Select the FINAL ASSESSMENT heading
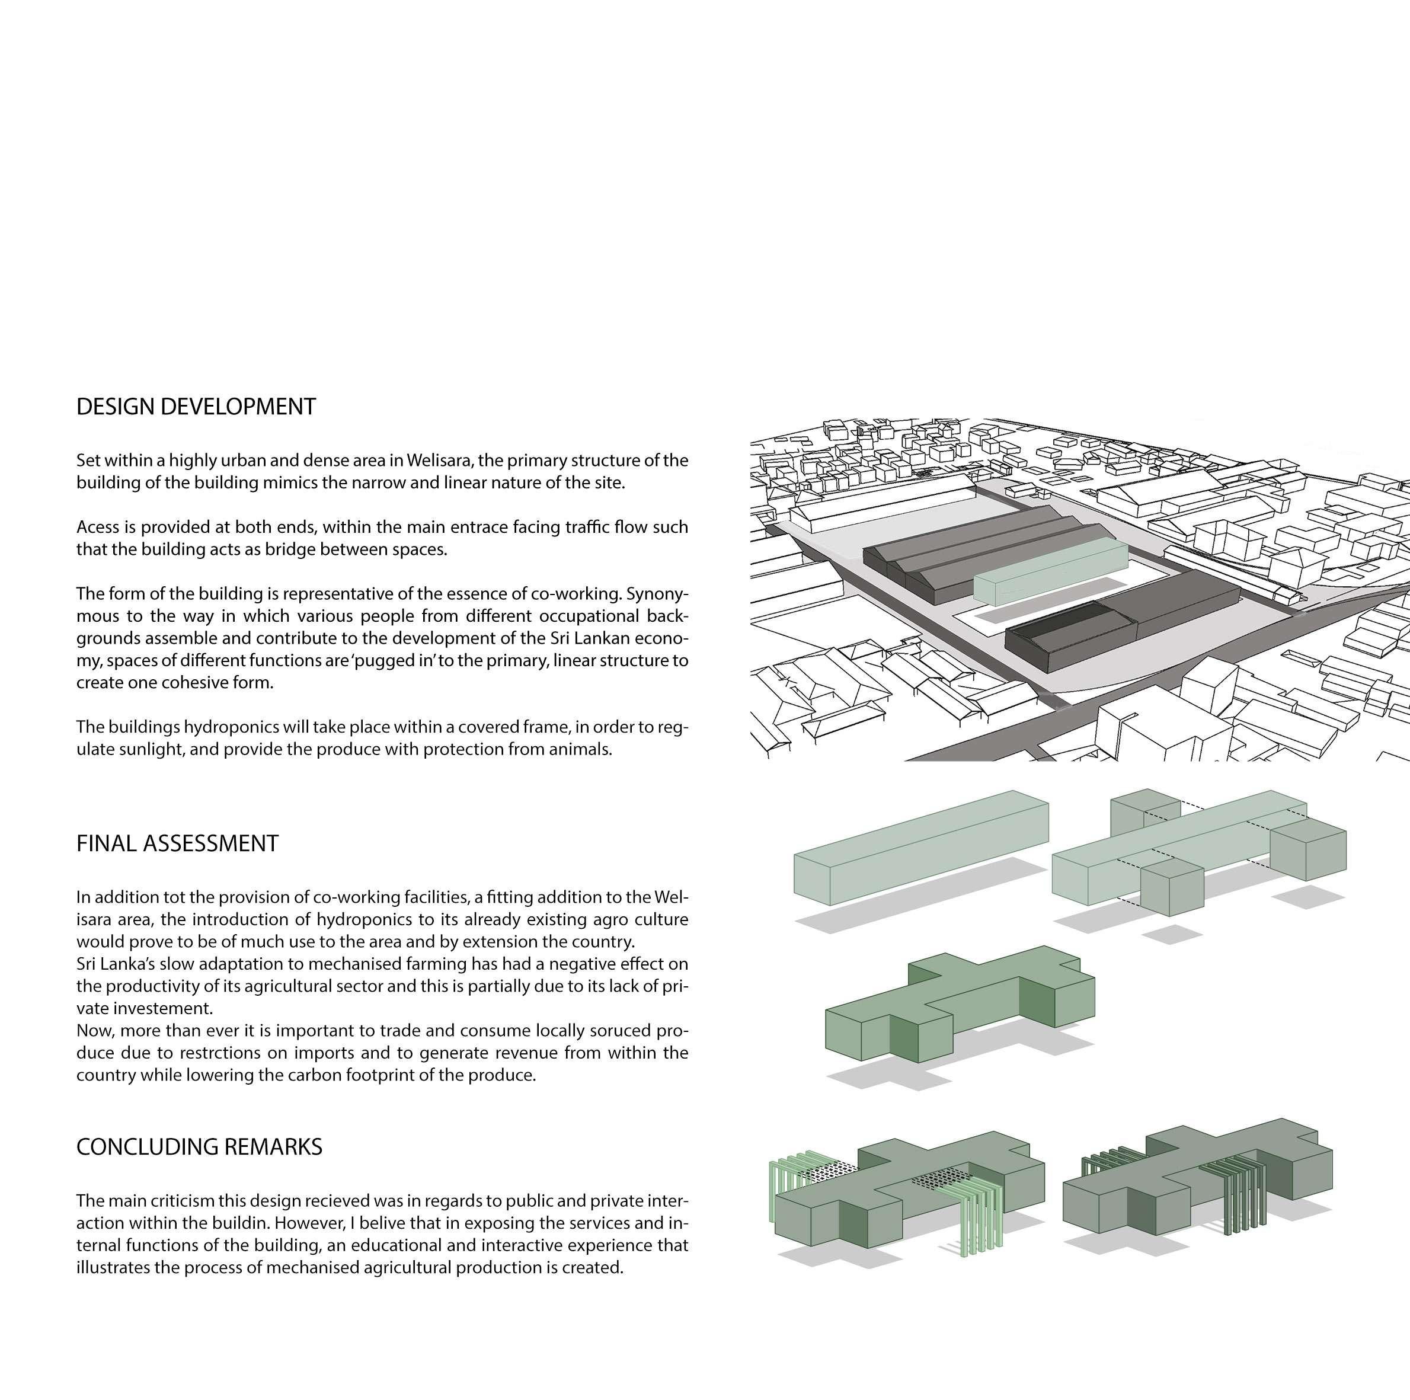coord(177,843)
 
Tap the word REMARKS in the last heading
coord(273,1147)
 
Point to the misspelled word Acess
coord(98,527)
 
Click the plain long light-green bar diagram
coord(921,848)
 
